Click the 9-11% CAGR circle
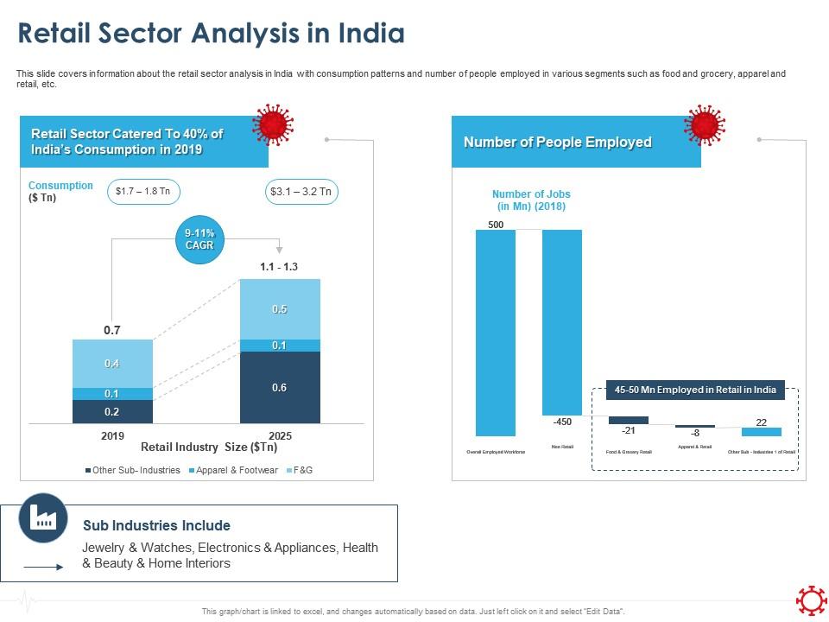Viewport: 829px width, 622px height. coord(199,239)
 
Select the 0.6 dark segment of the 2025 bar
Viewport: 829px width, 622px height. coord(280,388)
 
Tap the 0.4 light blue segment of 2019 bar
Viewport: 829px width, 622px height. coord(112,364)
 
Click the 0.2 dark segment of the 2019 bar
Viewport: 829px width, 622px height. coord(112,411)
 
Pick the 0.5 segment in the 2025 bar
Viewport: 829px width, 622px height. coord(280,308)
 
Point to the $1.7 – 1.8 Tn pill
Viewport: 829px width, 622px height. coord(143,192)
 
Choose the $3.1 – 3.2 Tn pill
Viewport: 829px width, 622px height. coord(301,192)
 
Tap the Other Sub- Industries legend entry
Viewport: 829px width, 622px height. coord(133,470)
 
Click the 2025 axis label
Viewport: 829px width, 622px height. coord(280,435)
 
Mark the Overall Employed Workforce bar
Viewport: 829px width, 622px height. coord(496,333)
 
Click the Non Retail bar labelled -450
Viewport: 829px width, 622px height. coord(562,322)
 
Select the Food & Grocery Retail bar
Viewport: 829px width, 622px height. coord(629,421)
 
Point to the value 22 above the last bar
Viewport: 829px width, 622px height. coord(762,422)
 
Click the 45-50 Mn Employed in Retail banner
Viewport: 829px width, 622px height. coord(695,390)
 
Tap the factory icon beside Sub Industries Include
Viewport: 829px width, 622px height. coord(43,517)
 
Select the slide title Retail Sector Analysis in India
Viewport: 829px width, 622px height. coord(212,34)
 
